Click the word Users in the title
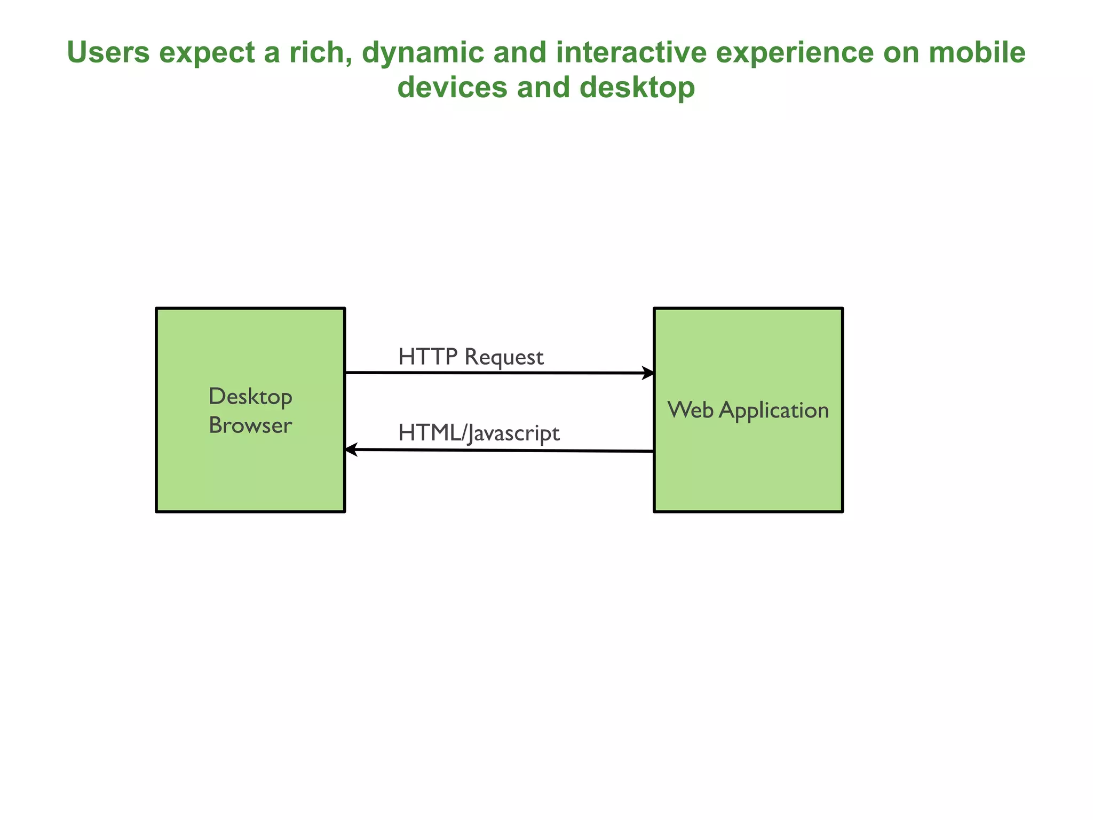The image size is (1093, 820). (x=108, y=53)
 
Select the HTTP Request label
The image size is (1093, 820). (x=471, y=357)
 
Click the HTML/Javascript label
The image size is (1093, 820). (x=479, y=433)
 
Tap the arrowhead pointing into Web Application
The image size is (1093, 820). (x=648, y=373)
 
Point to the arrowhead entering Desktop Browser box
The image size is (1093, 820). (x=351, y=450)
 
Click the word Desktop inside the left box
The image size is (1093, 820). (x=250, y=397)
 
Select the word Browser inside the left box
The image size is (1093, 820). (x=250, y=425)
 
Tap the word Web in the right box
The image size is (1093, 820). (x=691, y=410)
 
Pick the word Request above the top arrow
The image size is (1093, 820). (x=504, y=357)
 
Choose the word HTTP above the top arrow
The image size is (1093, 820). (x=428, y=357)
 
